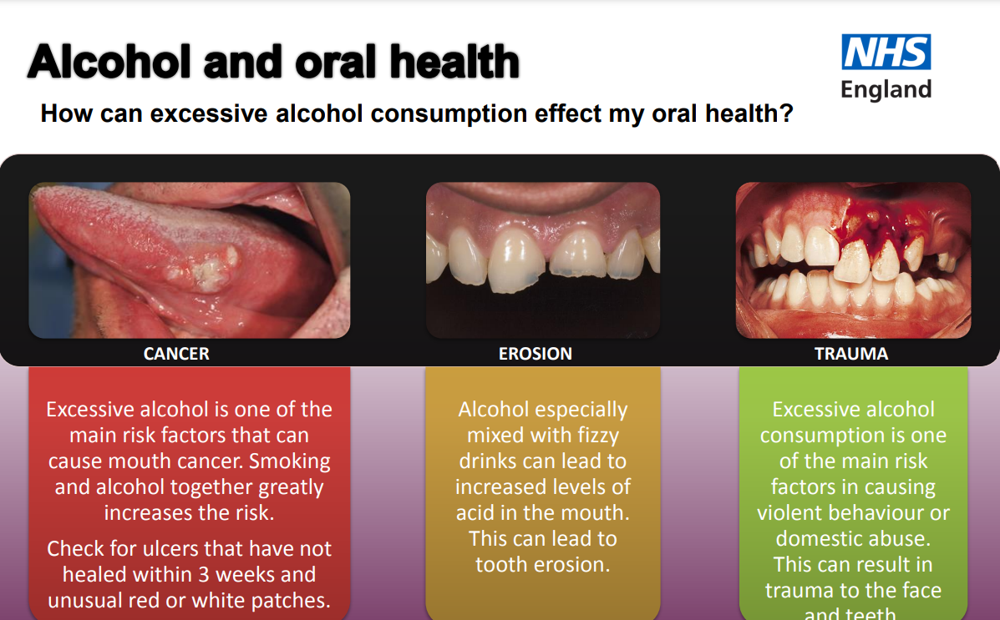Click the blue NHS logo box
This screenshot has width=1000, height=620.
coord(886,52)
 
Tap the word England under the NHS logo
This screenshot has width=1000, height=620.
coord(886,89)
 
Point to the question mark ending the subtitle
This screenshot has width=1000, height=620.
coord(785,113)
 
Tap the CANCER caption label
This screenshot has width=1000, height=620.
coord(176,354)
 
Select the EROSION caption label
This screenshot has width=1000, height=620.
coord(536,354)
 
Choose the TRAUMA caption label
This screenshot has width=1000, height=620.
coord(851,354)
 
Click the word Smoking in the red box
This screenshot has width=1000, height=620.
coord(290,461)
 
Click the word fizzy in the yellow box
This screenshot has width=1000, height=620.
coord(594,436)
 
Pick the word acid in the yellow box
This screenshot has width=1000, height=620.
coord(475,513)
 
